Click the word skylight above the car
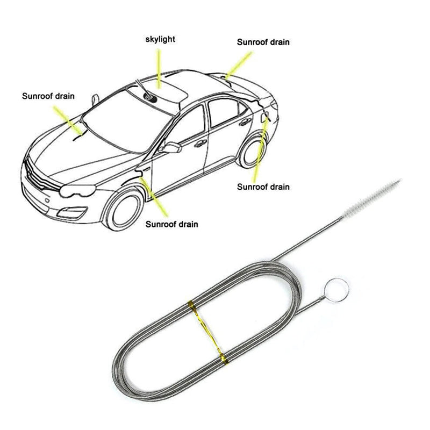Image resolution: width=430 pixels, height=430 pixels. tap(160, 39)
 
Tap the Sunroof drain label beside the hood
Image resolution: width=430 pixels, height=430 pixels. tap(48, 96)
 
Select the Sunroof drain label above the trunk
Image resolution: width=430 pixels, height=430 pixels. tap(263, 42)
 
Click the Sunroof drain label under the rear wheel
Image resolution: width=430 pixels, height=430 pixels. tap(263, 187)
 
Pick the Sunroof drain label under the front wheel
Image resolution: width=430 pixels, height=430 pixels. tap(171, 224)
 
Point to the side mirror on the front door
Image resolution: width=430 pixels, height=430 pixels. tap(171, 148)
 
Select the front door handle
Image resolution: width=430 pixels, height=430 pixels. tap(200, 143)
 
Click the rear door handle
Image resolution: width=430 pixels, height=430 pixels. tap(245, 123)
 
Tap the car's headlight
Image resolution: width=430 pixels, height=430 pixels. tap(77, 190)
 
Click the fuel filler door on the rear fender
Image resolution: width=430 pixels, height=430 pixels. tap(265, 117)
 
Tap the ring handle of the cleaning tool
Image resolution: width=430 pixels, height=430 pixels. tap(336, 290)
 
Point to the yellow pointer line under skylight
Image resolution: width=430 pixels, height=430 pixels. tap(159, 69)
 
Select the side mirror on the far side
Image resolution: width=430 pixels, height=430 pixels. tap(95, 100)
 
